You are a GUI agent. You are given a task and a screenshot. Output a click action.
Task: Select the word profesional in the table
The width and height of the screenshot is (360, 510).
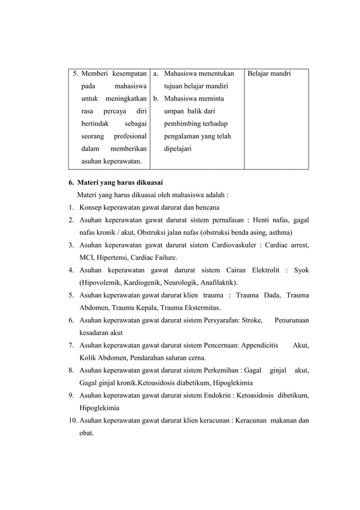[x=130, y=136]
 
